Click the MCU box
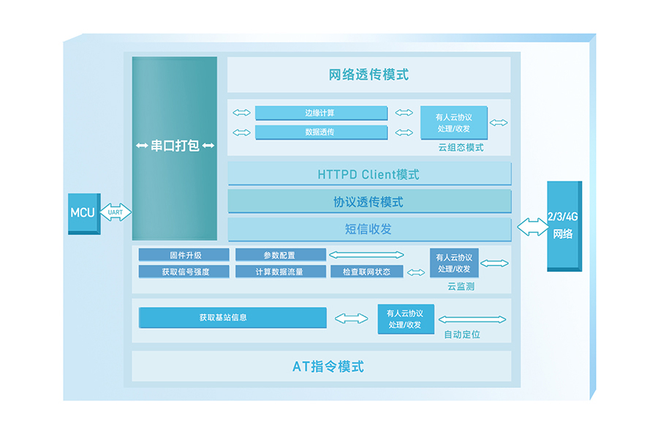[x=83, y=213]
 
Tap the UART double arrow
[x=116, y=212]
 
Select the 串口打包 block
[x=175, y=146]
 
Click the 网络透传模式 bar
[x=368, y=74]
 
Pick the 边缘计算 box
[x=321, y=113]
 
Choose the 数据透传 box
[x=321, y=132]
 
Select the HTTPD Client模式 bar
[x=368, y=174]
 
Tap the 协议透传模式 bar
[x=368, y=201]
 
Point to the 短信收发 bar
[x=368, y=228]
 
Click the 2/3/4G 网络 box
[x=563, y=226]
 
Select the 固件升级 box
[x=185, y=255]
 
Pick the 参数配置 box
[x=280, y=255]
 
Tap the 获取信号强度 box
[x=185, y=272]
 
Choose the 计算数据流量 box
[x=280, y=272]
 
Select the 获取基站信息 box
[x=232, y=318]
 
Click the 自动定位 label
[x=462, y=335]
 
